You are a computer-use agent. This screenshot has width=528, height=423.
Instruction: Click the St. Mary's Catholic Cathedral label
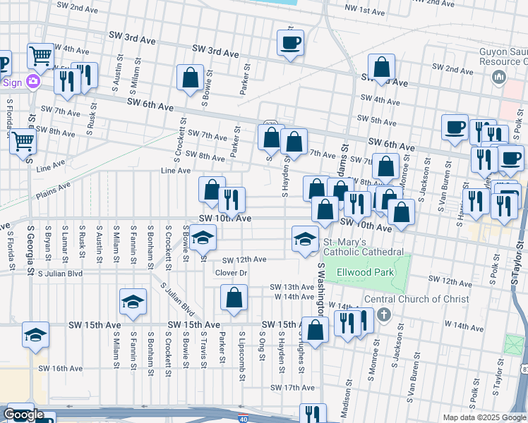(363, 247)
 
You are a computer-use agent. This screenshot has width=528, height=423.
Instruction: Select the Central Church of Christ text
(416, 300)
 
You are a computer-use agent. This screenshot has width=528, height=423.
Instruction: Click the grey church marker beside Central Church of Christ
(383, 313)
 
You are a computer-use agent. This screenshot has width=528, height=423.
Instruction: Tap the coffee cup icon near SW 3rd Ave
(291, 43)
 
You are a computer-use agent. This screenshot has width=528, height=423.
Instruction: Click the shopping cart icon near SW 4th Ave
(40, 56)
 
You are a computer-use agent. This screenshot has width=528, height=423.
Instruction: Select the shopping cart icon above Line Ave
(23, 142)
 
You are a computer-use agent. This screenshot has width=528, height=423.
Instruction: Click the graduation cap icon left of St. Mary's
(305, 238)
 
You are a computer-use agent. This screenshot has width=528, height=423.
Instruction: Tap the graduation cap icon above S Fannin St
(133, 301)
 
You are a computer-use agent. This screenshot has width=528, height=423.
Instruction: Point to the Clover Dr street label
(231, 273)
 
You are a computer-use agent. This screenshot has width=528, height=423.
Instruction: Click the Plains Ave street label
(54, 188)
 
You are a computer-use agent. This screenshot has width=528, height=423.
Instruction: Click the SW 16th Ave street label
(61, 368)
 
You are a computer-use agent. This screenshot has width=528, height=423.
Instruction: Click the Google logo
(23, 415)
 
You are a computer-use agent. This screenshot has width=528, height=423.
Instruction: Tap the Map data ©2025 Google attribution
(484, 417)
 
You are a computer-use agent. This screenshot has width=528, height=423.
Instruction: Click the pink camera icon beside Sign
(32, 82)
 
